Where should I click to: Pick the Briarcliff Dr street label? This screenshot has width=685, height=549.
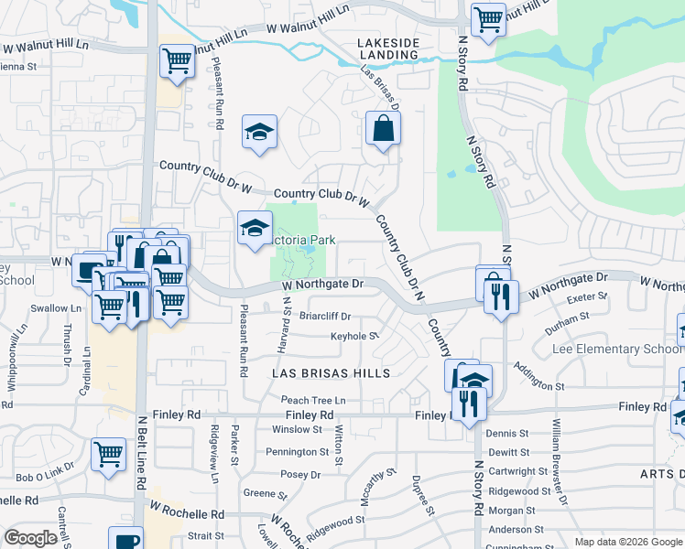(325, 316)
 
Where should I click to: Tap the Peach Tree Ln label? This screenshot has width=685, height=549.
(313, 400)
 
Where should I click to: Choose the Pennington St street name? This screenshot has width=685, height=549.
(297, 452)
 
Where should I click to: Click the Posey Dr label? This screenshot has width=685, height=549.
(301, 475)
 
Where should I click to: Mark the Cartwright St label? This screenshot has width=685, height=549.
(518, 472)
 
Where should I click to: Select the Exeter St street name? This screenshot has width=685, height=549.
(588, 296)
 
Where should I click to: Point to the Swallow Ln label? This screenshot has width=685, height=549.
(49, 308)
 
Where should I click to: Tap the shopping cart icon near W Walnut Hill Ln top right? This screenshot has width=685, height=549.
(489, 18)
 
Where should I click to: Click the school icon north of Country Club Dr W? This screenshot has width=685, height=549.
(259, 134)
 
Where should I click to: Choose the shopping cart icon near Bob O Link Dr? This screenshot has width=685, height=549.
(109, 453)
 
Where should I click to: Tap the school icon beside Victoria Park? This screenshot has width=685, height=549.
(255, 229)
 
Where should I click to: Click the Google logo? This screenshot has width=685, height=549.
(30, 538)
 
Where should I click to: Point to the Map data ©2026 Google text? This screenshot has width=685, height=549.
(627, 542)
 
